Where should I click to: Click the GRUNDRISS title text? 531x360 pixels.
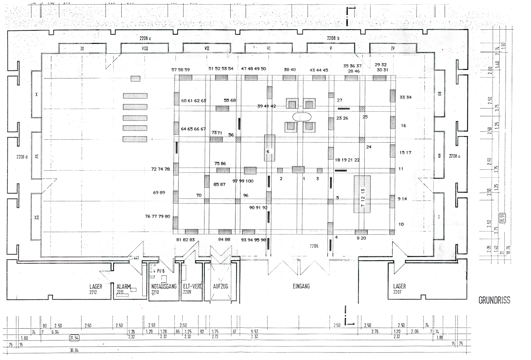tap(494, 300)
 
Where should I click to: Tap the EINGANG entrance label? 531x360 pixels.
tap(301, 286)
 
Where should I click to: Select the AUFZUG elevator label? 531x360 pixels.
tap(221, 286)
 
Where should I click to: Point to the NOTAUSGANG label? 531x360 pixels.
tap(164, 286)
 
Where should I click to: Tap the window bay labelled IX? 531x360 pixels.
tap(82, 49)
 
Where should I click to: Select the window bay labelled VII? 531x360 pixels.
tap(207, 48)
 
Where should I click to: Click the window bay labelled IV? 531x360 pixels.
tap(393, 48)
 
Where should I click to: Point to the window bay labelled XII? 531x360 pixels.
tap(37, 218)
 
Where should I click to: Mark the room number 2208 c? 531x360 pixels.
tap(145, 38)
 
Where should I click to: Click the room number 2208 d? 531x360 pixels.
tap(22, 157)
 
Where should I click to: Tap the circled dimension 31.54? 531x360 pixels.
tap(74, 338)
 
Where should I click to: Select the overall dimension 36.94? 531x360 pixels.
tap(74, 350)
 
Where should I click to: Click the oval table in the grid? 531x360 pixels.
tap(302, 117)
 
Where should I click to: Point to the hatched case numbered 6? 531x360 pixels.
tap(269, 148)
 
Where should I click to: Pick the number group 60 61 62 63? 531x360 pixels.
tap(194, 101)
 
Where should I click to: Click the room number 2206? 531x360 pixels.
tap(314, 246)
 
